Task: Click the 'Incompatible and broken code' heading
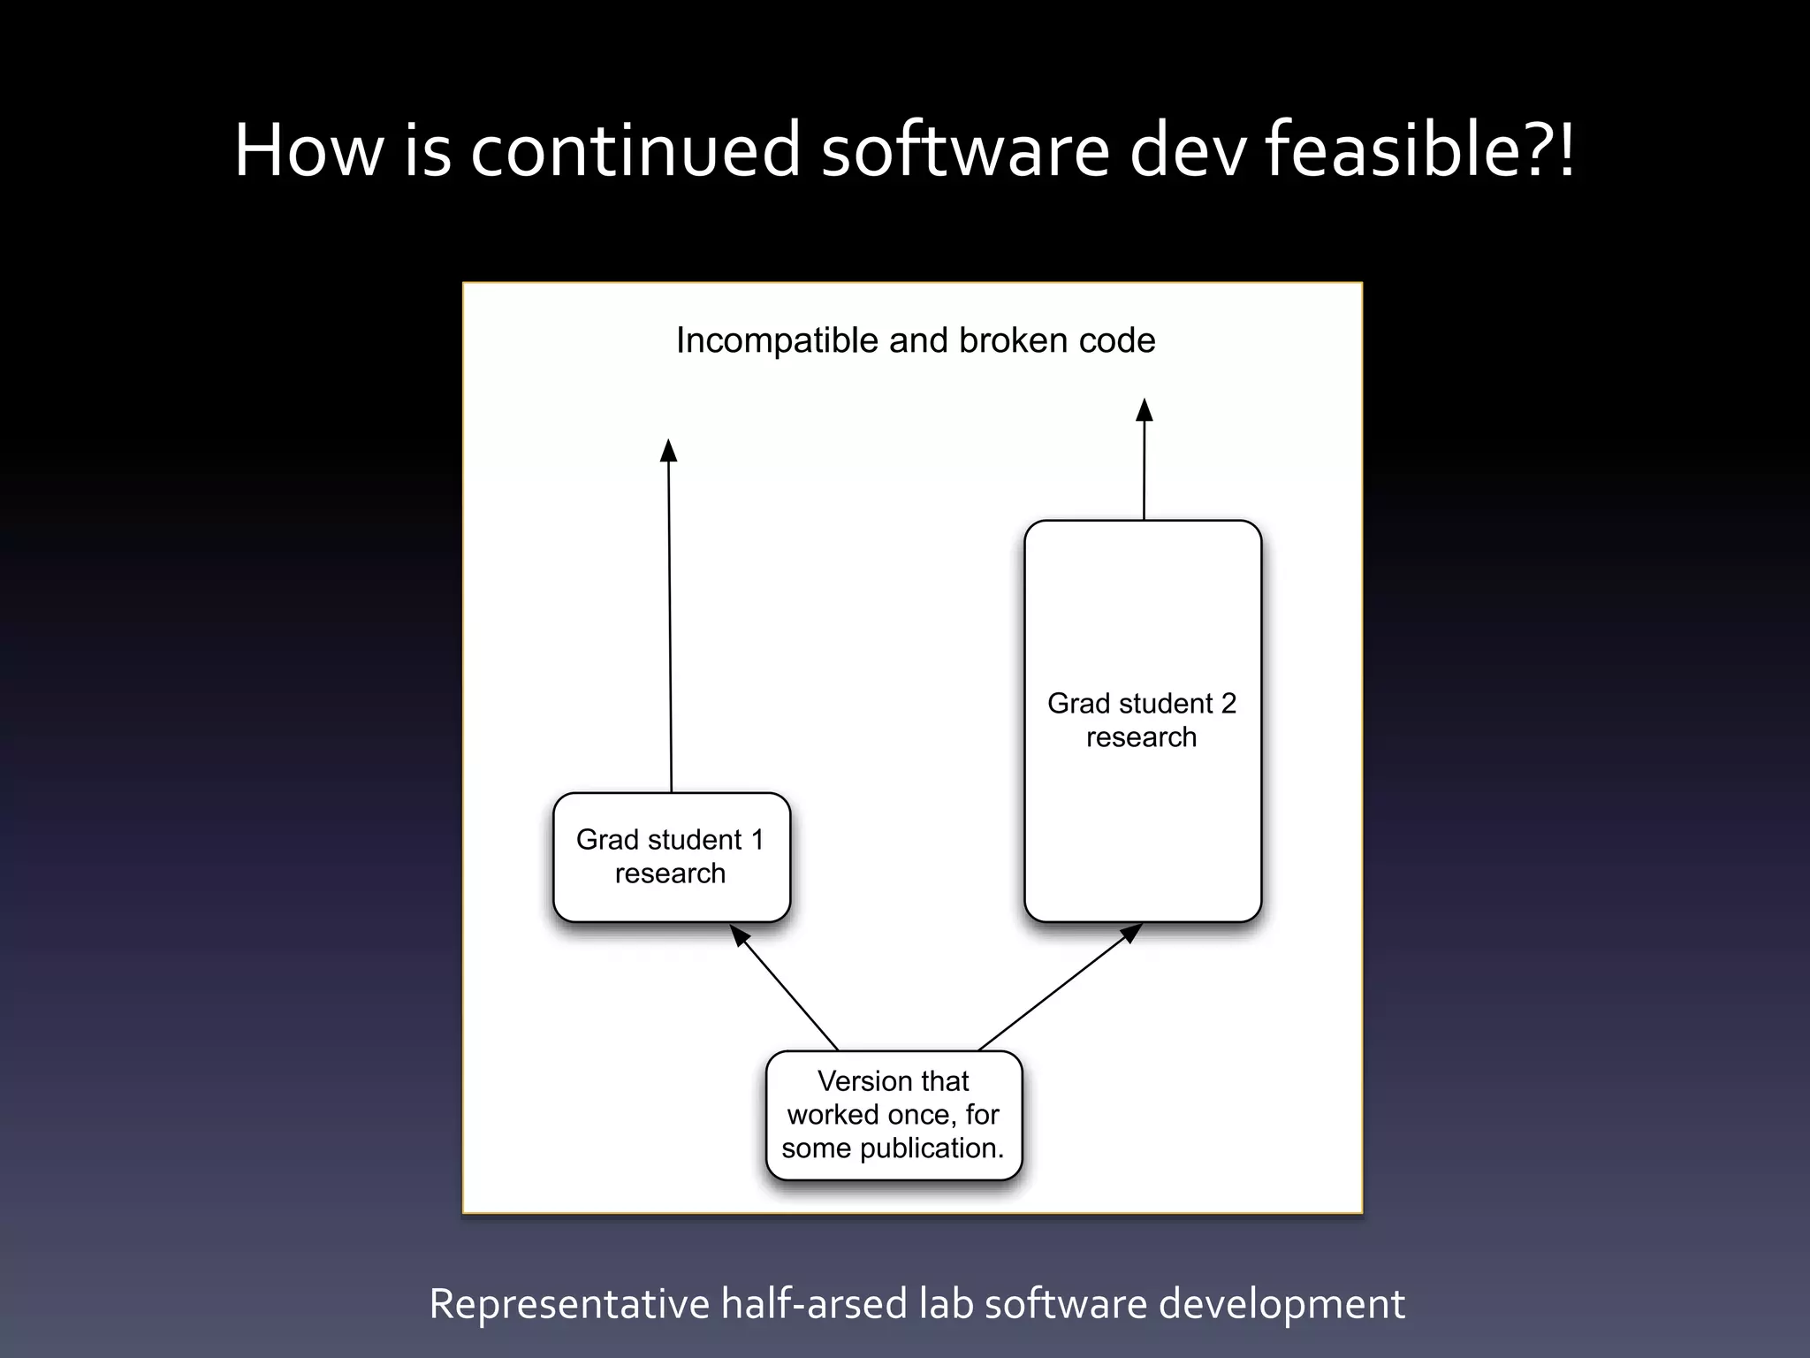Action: click(916, 341)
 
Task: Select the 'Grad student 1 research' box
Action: click(672, 857)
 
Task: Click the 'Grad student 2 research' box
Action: click(1143, 721)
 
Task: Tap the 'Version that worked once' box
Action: click(894, 1115)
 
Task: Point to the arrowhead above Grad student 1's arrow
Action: click(669, 450)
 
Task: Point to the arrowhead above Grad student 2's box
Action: click(1145, 410)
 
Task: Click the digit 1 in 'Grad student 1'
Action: click(757, 840)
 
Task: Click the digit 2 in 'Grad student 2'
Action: click(1228, 704)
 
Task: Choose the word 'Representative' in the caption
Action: click(569, 1304)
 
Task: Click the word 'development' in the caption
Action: click(1281, 1304)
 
